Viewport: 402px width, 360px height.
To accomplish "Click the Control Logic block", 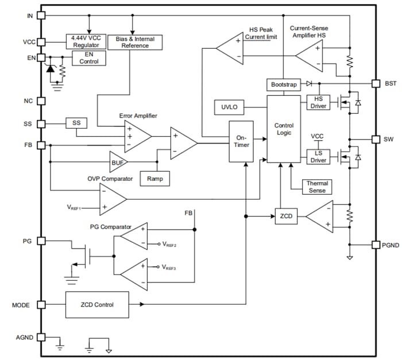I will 284,129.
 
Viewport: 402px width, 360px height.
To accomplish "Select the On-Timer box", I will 241,142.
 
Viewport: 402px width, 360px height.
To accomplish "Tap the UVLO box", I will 229,107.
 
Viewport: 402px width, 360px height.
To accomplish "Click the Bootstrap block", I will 284,84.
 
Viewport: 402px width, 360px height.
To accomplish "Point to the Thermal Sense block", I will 316,187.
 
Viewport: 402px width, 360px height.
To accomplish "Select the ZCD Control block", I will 97,305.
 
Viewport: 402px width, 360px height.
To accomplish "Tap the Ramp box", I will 154,179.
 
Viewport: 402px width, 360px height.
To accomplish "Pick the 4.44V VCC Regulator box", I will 86,41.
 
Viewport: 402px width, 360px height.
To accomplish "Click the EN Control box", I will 88,57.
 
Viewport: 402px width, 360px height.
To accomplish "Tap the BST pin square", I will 376,83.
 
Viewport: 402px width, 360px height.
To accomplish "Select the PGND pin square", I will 376,245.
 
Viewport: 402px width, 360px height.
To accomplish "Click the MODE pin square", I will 41,305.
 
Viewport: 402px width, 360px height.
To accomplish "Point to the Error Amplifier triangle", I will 136,137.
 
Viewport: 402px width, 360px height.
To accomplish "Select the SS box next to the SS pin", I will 76,123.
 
